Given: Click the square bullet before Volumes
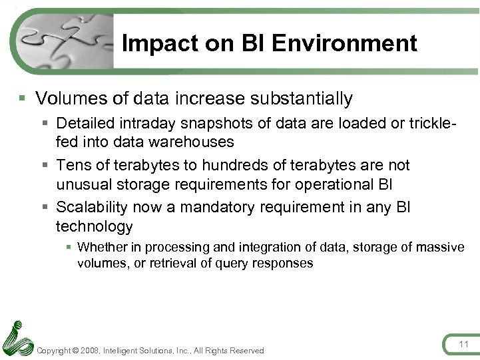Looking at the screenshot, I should coord(23,98).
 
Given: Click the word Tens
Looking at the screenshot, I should coord(71,165).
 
